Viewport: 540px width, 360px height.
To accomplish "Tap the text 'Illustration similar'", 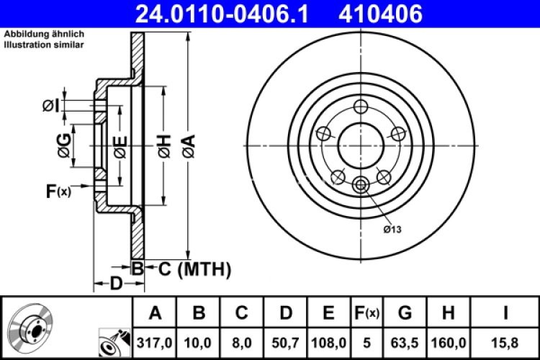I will click(44, 45).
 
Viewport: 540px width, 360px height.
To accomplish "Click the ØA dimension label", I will click(189, 148).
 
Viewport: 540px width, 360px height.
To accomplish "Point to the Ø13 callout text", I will click(392, 229).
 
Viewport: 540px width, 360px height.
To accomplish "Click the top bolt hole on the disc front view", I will click(361, 107).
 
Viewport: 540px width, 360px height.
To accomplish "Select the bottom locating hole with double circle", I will click(361, 186).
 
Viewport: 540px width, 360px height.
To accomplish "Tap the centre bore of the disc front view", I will click(361, 145).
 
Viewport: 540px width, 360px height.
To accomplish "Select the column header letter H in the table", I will click(448, 312).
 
